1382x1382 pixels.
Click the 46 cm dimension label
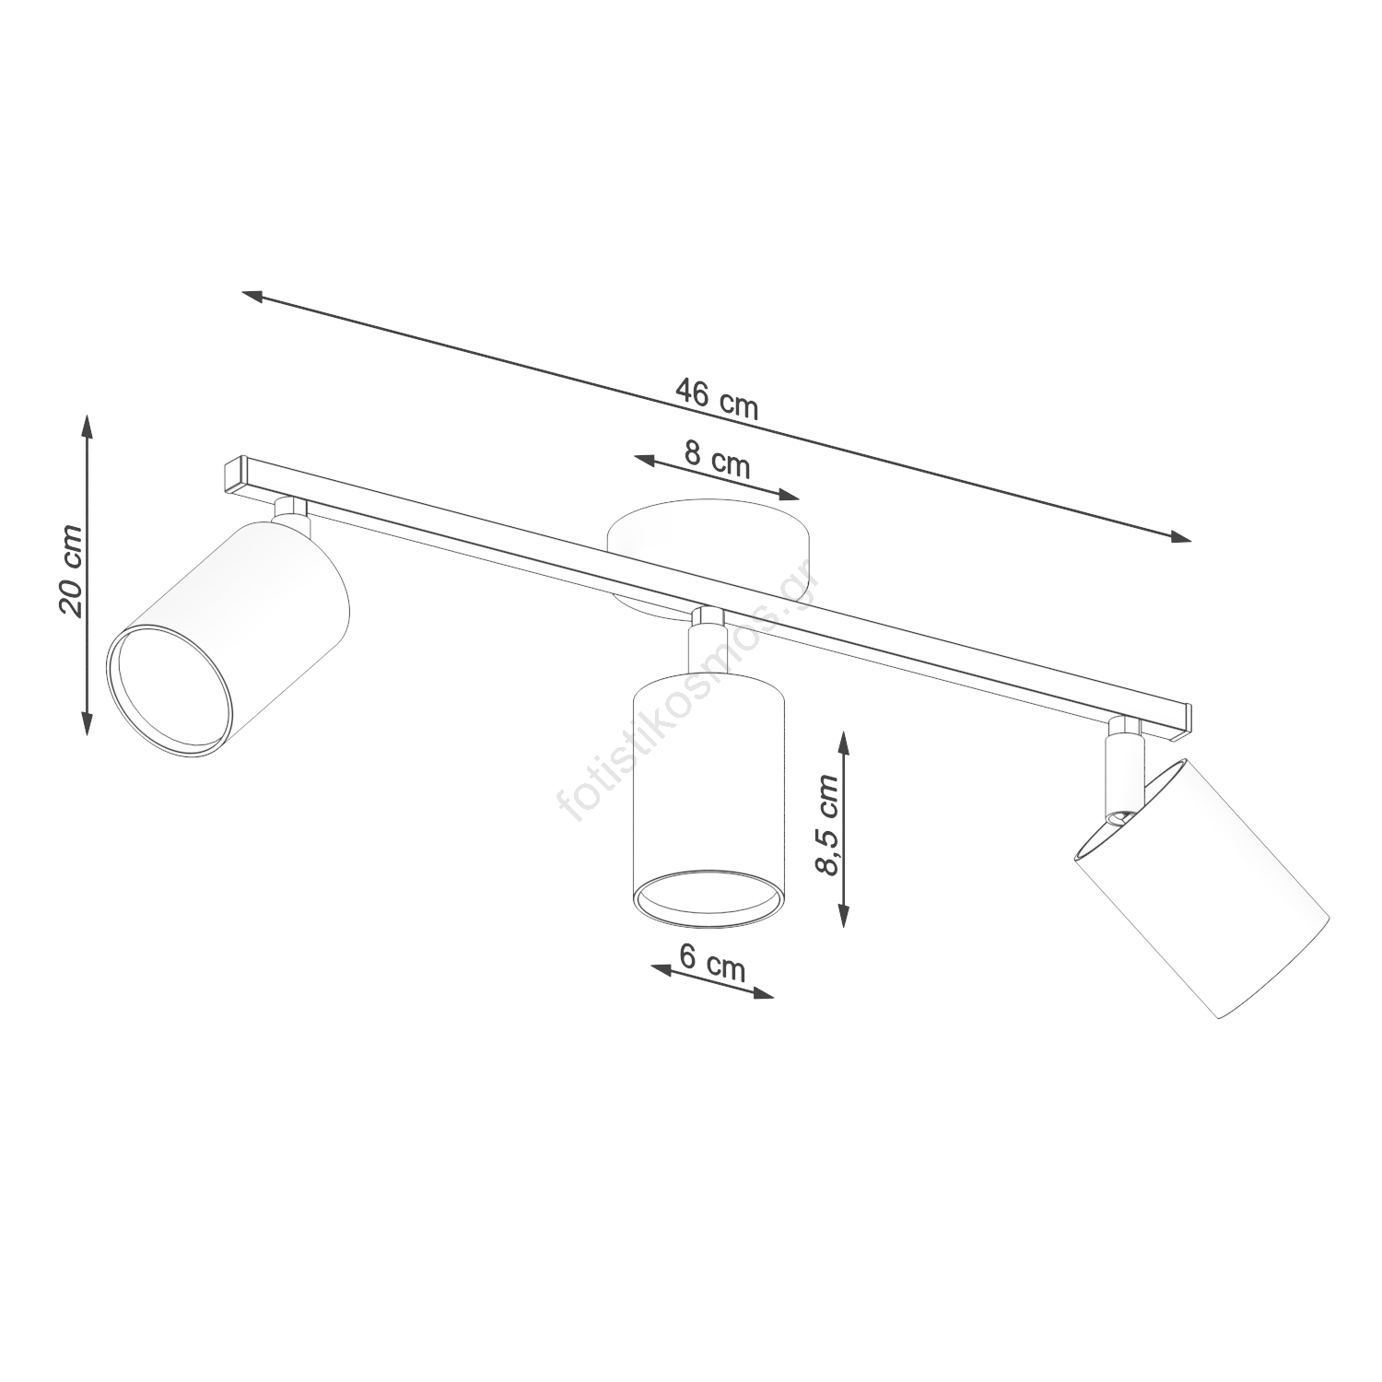click(x=717, y=399)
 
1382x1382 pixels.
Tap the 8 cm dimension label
click(x=718, y=460)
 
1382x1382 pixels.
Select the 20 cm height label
click(x=71, y=570)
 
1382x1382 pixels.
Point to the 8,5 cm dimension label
click(x=827, y=824)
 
